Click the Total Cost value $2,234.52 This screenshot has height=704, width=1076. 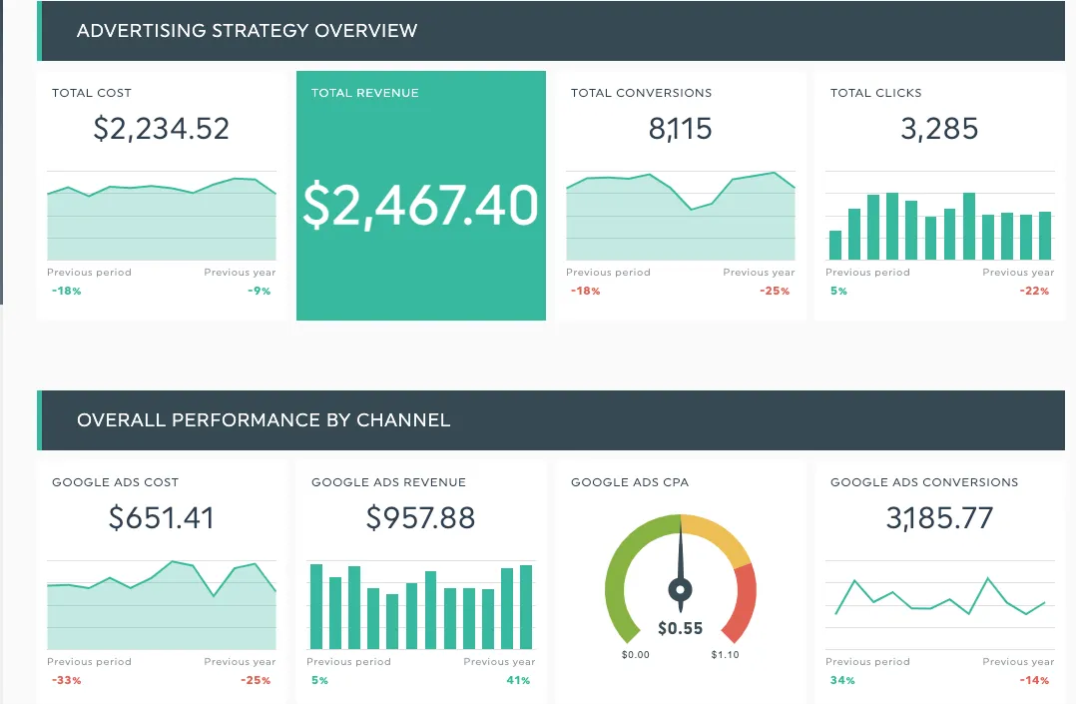pyautogui.click(x=161, y=129)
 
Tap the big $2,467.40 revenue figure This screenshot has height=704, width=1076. pyautogui.click(x=420, y=205)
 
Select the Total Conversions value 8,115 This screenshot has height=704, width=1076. pyautogui.click(x=680, y=129)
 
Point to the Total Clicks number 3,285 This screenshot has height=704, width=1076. pyautogui.click(x=939, y=129)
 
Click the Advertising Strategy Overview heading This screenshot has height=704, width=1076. pyautogui.click(x=247, y=31)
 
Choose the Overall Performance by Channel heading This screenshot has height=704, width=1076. pyautogui.click(x=264, y=420)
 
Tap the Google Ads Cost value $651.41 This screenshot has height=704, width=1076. pyautogui.click(x=161, y=518)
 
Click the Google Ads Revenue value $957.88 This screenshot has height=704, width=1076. pyautogui.click(x=420, y=518)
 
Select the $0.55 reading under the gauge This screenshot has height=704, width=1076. pyautogui.click(x=680, y=628)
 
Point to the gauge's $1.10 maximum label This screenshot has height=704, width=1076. pyautogui.click(x=725, y=655)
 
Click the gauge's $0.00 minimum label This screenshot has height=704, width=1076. pyautogui.click(x=635, y=655)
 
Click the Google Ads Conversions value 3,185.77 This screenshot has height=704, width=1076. pyautogui.click(x=939, y=518)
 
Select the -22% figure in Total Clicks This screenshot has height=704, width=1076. pyautogui.click(x=1035, y=292)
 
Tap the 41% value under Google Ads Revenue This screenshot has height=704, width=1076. pyautogui.click(x=519, y=681)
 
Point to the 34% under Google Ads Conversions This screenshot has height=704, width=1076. pyautogui.click(x=840, y=681)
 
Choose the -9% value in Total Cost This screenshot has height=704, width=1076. pyautogui.click(x=260, y=292)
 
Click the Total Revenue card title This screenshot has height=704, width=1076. pyautogui.click(x=365, y=93)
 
